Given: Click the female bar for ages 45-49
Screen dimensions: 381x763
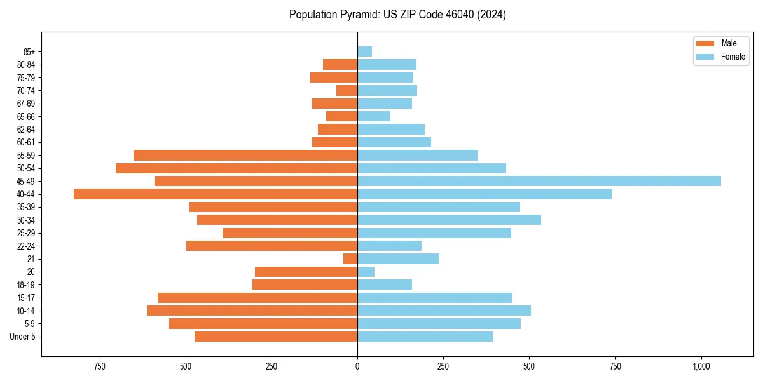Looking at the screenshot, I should coord(539,181).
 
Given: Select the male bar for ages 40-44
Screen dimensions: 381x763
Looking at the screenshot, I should coord(216,194).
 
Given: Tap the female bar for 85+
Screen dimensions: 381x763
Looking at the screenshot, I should coord(364,51).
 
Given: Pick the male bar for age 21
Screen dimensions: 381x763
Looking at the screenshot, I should coord(350,258).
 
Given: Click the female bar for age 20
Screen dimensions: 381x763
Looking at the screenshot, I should coord(366,272).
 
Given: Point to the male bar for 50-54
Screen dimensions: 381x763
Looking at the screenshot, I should coord(237,168).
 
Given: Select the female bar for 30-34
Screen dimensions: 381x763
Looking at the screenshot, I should coord(449,220).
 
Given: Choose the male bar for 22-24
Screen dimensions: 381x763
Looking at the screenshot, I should coord(272,246).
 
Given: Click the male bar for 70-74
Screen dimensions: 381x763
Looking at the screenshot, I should coord(347,90).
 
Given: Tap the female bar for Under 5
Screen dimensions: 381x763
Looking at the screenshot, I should coord(425,337).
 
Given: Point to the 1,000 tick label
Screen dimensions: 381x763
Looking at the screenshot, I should coord(701,366).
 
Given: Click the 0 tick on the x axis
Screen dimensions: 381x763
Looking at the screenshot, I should coord(357,366).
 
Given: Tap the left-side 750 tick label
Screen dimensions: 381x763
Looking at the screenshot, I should coord(99,366).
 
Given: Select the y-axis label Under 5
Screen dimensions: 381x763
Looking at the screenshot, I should coord(22,337).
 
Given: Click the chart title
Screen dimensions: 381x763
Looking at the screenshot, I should coord(397,15).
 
